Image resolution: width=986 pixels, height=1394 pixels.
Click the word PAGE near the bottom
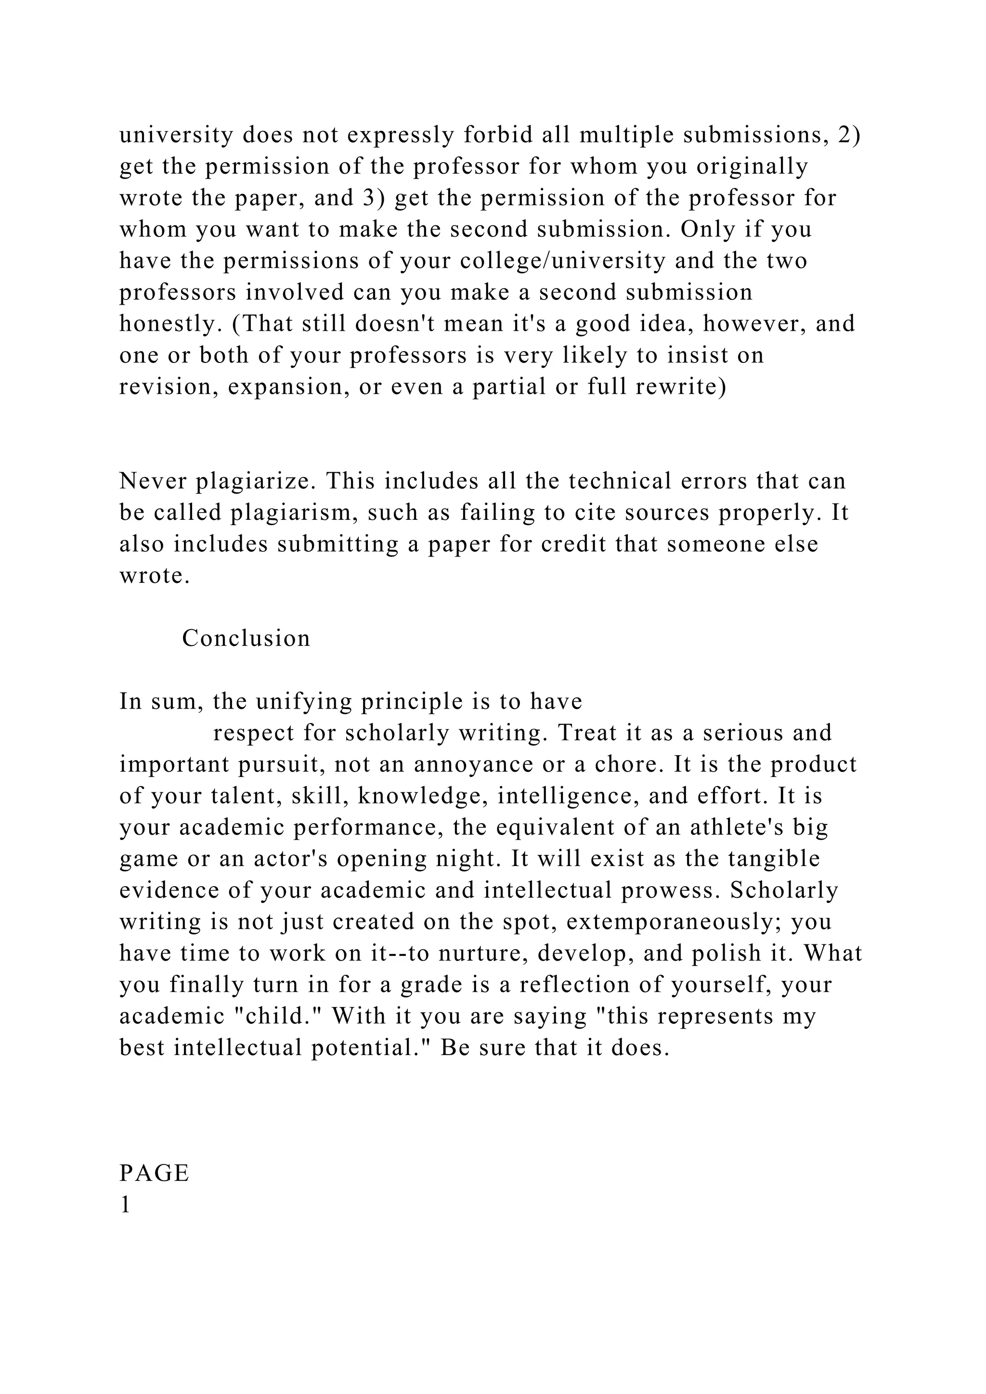pyautogui.click(x=154, y=1173)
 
